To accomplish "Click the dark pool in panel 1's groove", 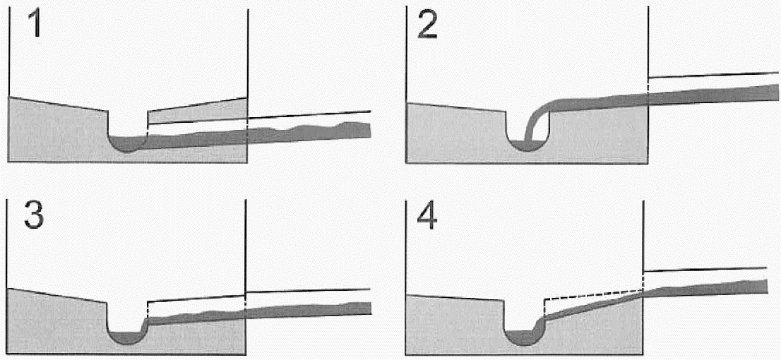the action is (x=127, y=144).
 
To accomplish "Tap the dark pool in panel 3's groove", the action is (x=127, y=337).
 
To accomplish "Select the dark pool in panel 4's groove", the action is (x=523, y=337).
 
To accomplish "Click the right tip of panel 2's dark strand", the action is (x=775, y=92).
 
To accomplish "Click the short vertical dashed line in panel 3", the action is (x=148, y=311).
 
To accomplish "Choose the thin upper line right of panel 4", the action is (x=706, y=269).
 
